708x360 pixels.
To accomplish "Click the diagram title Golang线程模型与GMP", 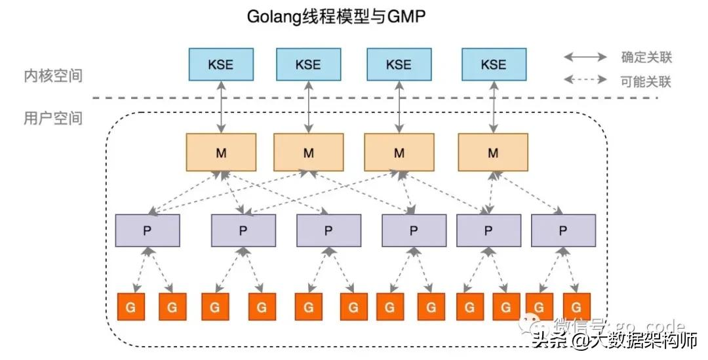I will click(x=336, y=17).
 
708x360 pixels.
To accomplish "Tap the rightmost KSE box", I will click(x=493, y=64).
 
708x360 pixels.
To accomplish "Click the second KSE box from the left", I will click(x=308, y=64).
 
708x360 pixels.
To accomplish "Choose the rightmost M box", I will click(x=492, y=153).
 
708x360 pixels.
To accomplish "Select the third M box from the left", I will click(x=399, y=153).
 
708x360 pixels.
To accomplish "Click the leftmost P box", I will click(x=147, y=230).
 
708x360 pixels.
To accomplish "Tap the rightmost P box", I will click(x=563, y=230).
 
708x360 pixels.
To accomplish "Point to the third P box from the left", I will click(x=328, y=230).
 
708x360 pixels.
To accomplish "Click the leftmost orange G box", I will click(x=130, y=306).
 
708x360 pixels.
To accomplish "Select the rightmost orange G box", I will click(x=577, y=306).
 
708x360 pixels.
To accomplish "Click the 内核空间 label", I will click(x=53, y=75).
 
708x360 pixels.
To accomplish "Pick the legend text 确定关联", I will click(x=646, y=57).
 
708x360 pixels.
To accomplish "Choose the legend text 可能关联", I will click(x=646, y=82).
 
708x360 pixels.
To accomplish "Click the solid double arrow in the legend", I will click(x=585, y=57).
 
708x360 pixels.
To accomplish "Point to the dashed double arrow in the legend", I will click(x=585, y=82).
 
